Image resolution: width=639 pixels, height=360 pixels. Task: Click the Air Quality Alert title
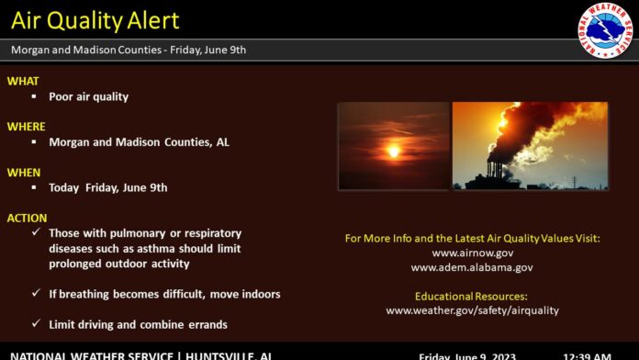coord(95,20)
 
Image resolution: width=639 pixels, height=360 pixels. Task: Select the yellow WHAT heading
coord(23,81)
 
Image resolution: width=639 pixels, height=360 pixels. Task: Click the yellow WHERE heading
coord(26,126)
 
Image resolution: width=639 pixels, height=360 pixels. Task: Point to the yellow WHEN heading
coord(24,172)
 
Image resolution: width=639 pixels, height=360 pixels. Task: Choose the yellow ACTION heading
coord(28,218)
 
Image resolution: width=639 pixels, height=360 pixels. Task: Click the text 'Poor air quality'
coord(88,96)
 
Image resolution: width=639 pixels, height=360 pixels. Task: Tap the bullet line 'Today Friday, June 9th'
coord(107,187)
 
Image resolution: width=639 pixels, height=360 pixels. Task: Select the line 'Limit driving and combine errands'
coord(138,324)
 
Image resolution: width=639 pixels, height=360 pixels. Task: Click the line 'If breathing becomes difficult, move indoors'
coord(164,294)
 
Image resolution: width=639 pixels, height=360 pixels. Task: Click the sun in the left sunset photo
coord(394,150)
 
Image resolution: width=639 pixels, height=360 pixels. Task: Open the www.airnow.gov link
coord(472,253)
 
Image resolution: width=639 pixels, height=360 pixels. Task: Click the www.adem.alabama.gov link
coord(472,267)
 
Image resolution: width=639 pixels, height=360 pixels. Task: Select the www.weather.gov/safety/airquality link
coord(472,310)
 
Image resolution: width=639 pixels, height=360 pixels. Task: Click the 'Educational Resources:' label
coord(472,297)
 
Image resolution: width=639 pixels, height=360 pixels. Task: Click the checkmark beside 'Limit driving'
coord(35,324)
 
